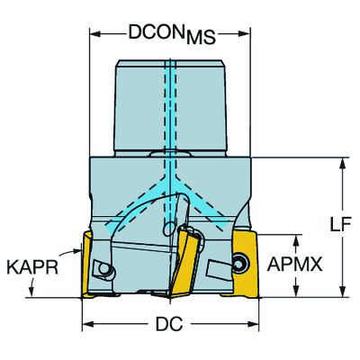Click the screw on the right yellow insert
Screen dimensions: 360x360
click(240, 262)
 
